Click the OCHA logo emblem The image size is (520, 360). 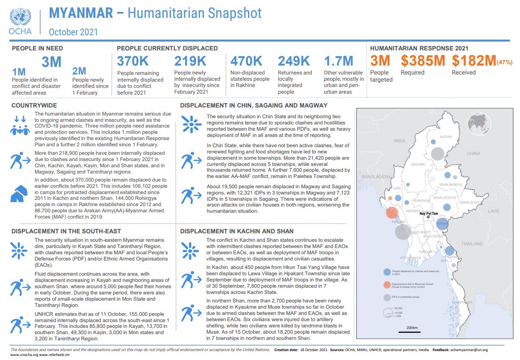(x=20, y=17)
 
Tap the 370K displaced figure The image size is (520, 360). (x=132, y=61)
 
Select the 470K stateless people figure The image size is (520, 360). (x=246, y=61)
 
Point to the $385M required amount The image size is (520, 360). (x=423, y=61)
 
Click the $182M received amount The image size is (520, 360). (x=474, y=61)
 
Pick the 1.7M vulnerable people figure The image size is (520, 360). (x=338, y=61)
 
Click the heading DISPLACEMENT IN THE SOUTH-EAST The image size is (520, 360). (x=66, y=231)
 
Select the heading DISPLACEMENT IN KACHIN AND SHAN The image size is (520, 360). (x=237, y=231)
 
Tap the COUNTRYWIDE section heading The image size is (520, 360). (x=34, y=105)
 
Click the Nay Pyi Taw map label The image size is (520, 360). (x=429, y=214)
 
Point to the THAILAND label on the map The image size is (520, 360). (x=472, y=244)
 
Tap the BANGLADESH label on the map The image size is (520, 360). (x=376, y=177)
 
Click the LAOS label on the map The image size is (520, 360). (x=493, y=211)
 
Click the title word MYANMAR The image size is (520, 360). (x=81, y=13)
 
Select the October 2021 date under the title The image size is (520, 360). (x=73, y=32)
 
